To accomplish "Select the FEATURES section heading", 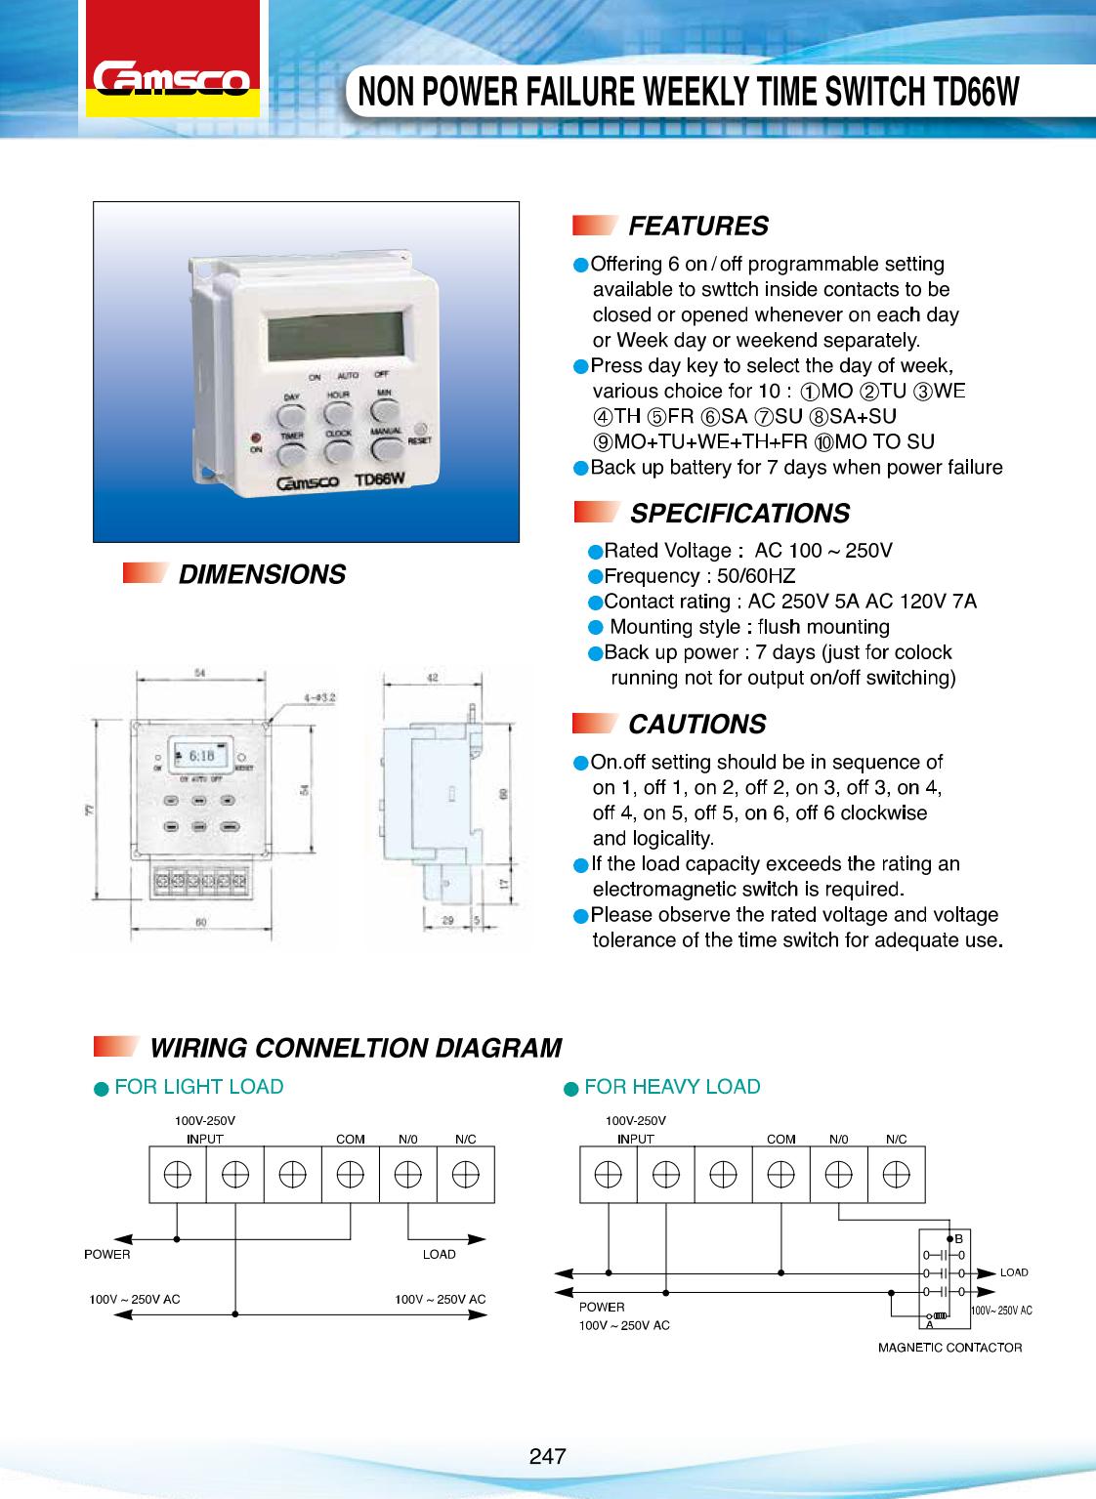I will point(697,227).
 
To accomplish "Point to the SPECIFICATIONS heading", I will point(739,514).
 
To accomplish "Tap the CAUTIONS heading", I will point(696,725).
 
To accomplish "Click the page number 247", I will point(548,1456).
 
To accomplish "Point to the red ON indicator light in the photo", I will point(256,437).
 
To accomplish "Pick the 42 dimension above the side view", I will point(431,677).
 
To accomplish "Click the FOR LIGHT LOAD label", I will point(199,1087).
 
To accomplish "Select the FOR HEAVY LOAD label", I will point(672,1087).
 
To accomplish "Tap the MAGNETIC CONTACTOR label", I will point(949,1348).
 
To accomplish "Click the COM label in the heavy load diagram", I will point(780,1139).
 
